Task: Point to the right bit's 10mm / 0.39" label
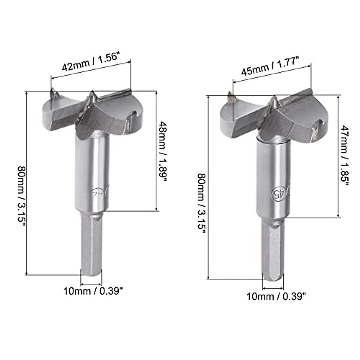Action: coord(276,297)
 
